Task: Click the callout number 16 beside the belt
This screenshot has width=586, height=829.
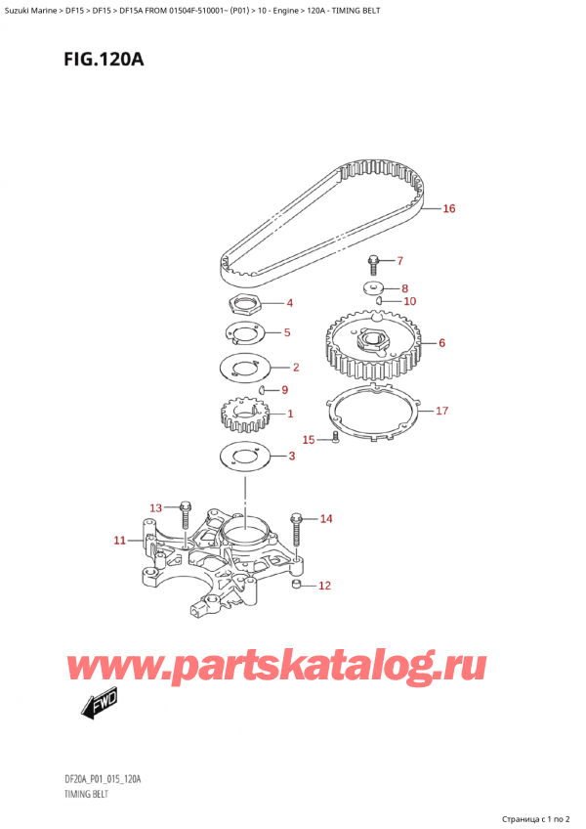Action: (x=448, y=208)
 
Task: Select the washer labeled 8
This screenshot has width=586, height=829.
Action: (x=374, y=287)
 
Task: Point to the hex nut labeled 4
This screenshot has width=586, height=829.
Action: (x=242, y=304)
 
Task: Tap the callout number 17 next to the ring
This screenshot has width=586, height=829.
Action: (x=441, y=411)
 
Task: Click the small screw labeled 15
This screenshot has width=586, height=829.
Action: (x=335, y=438)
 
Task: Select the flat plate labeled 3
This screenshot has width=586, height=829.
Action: (x=244, y=457)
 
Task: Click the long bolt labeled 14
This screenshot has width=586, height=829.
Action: (x=296, y=529)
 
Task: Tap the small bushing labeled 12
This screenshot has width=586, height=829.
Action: (x=297, y=584)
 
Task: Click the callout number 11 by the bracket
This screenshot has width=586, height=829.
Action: (x=120, y=540)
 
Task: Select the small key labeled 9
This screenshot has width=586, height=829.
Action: (x=263, y=390)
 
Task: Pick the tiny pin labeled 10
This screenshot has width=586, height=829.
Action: (x=379, y=301)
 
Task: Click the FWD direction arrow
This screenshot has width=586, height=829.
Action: (x=101, y=704)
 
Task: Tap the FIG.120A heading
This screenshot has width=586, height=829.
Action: (x=104, y=59)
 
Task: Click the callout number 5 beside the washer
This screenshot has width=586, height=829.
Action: (x=287, y=332)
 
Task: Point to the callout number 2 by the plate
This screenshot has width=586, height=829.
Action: (x=295, y=367)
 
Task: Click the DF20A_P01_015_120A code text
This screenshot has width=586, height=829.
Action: (x=104, y=779)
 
